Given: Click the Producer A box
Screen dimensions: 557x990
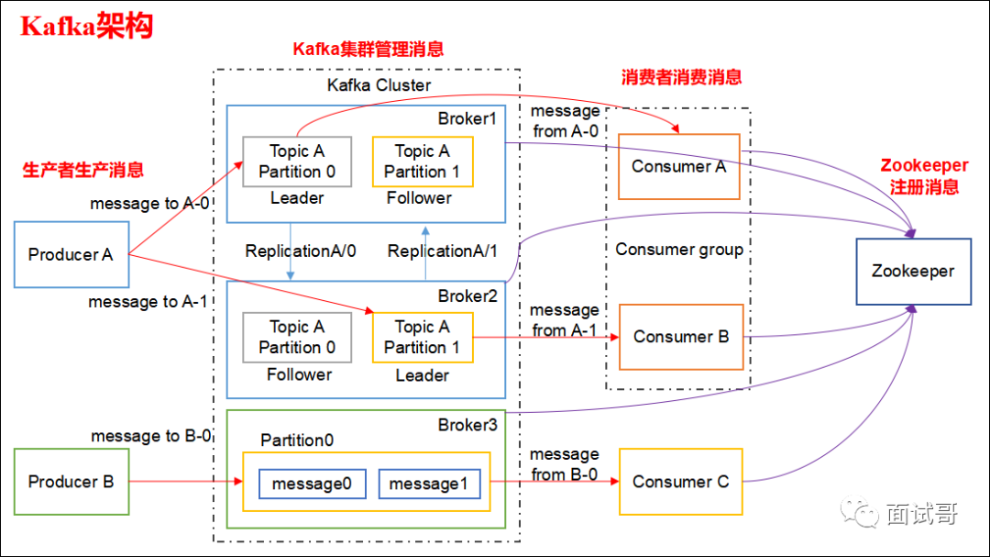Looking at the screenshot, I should [x=71, y=254].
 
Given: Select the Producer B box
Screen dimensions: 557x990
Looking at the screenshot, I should [x=71, y=482].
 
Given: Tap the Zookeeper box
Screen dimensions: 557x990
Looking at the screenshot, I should [x=913, y=272].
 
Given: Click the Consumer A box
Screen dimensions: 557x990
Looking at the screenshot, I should [x=678, y=167].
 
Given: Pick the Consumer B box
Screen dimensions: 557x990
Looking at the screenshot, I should [x=681, y=337].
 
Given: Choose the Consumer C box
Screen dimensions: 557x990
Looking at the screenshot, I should [x=681, y=482].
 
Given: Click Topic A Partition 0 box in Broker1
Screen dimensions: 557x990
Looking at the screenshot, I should [x=297, y=162].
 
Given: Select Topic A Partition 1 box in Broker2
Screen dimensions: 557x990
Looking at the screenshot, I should [x=423, y=337].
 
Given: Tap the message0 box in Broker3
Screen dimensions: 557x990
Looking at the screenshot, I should [x=313, y=484].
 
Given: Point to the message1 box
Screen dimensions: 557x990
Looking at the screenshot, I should [x=430, y=484].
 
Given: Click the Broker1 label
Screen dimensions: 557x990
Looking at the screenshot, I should [x=467, y=118].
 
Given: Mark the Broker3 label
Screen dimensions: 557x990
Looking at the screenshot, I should [x=467, y=425].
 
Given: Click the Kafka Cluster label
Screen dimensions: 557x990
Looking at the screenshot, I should [x=379, y=85].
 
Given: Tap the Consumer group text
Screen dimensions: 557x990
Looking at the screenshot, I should [x=679, y=250].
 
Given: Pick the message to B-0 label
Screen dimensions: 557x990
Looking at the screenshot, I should [x=150, y=436].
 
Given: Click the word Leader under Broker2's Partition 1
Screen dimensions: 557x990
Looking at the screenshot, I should [x=422, y=375].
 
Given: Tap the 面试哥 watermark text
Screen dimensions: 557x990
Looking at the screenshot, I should [x=921, y=514].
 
